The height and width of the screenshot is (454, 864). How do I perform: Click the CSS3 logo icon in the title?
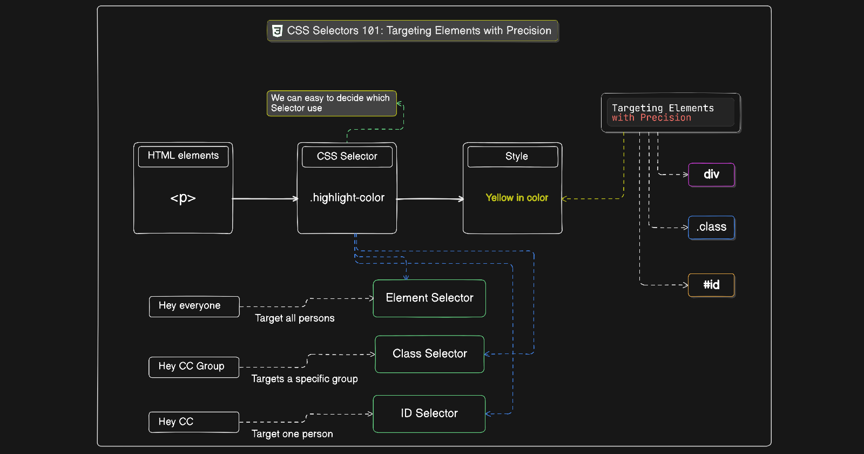pyautogui.click(x=278, y=31)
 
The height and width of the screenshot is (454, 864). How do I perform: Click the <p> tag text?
pyautogui.click(x=183, y=198)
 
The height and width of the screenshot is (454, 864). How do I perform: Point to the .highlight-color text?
pyautogui.click(x=347, y=198)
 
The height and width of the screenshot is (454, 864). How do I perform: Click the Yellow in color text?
pyautogui.click(x=517, y=198)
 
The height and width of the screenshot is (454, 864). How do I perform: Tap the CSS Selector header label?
pyautogui.click(x=347, y=156)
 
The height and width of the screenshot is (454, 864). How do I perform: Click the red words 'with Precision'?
pyautogui.click(x=651, y=118)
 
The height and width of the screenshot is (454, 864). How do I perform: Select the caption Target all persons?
pyautogui.click(x=295, y=318)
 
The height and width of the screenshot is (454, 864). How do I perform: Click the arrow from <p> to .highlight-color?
pyautogui.click(x=265, y=198)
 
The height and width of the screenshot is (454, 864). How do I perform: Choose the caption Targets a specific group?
pyautogui.click(x=305, y=379)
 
